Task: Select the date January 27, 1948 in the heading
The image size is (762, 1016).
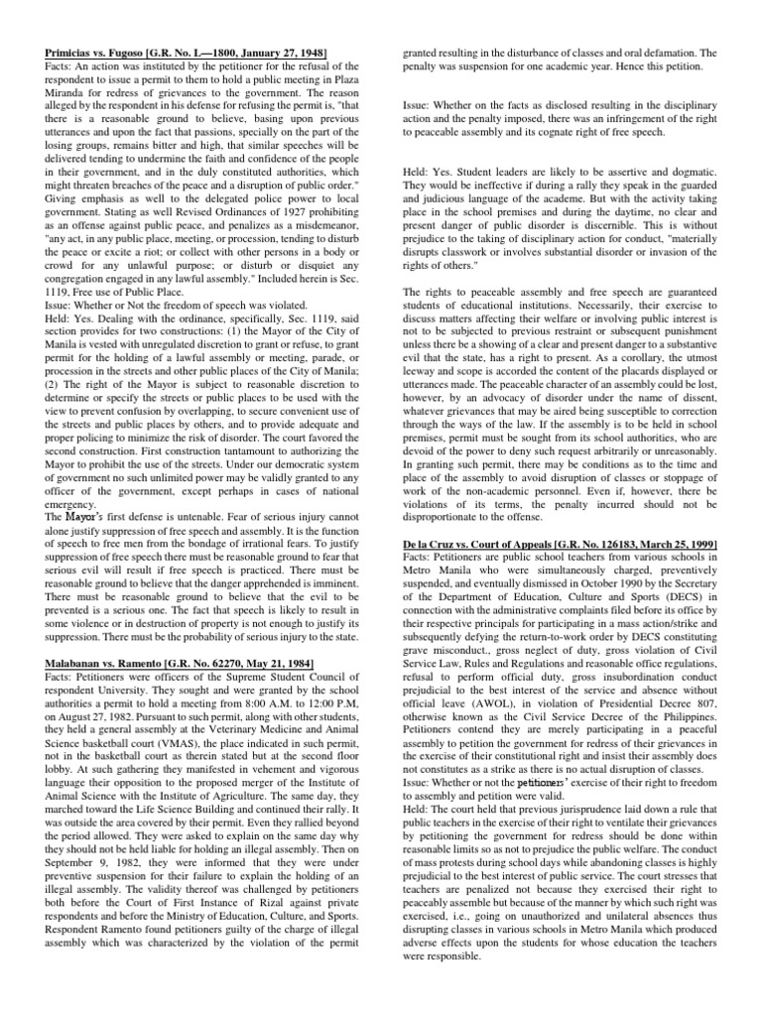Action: pyautogui.click(x=287, y=52)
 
